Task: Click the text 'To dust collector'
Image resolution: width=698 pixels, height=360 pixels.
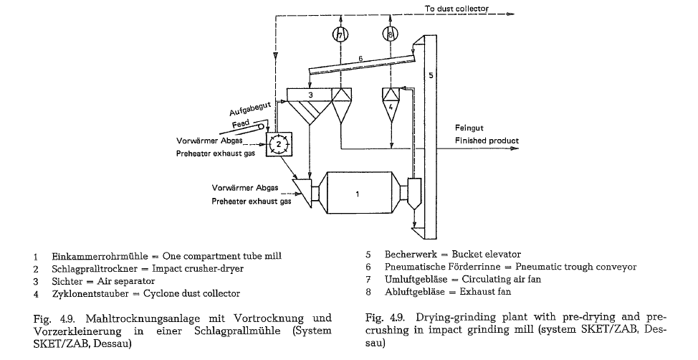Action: tap(456, 8)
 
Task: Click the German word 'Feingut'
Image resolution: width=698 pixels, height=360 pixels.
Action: tap(470, 128)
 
